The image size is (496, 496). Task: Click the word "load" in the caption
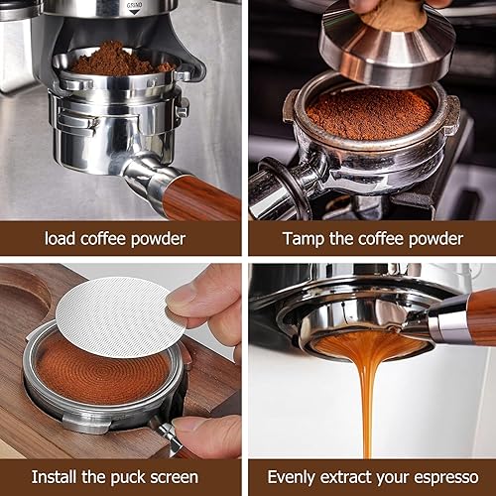click(x=60, y=238)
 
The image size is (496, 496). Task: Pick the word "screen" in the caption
click(x=175, y=477)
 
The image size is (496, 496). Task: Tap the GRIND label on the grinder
click(x=135, y=6)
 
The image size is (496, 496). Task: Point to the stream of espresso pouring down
click(x=367, y=397)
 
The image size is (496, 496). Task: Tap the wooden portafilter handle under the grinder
click(x=201, y=197)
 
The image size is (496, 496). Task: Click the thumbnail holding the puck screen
click(x=181, y=298)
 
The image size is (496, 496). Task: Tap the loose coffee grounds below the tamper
click(x=370, y=112)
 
